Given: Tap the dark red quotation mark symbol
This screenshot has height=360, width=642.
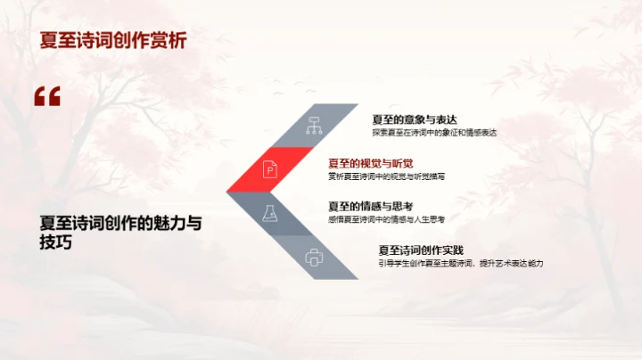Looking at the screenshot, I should click(47, 96).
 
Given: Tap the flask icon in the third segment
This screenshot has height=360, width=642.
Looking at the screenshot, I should click(268, 213).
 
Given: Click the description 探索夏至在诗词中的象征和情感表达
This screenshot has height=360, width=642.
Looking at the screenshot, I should click(434, 133).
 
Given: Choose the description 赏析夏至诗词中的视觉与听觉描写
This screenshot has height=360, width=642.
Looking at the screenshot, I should click(386, 176).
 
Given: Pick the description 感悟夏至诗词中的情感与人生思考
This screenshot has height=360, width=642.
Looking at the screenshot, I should click(386, 219).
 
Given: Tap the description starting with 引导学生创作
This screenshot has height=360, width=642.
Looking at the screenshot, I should click(460, 264).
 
